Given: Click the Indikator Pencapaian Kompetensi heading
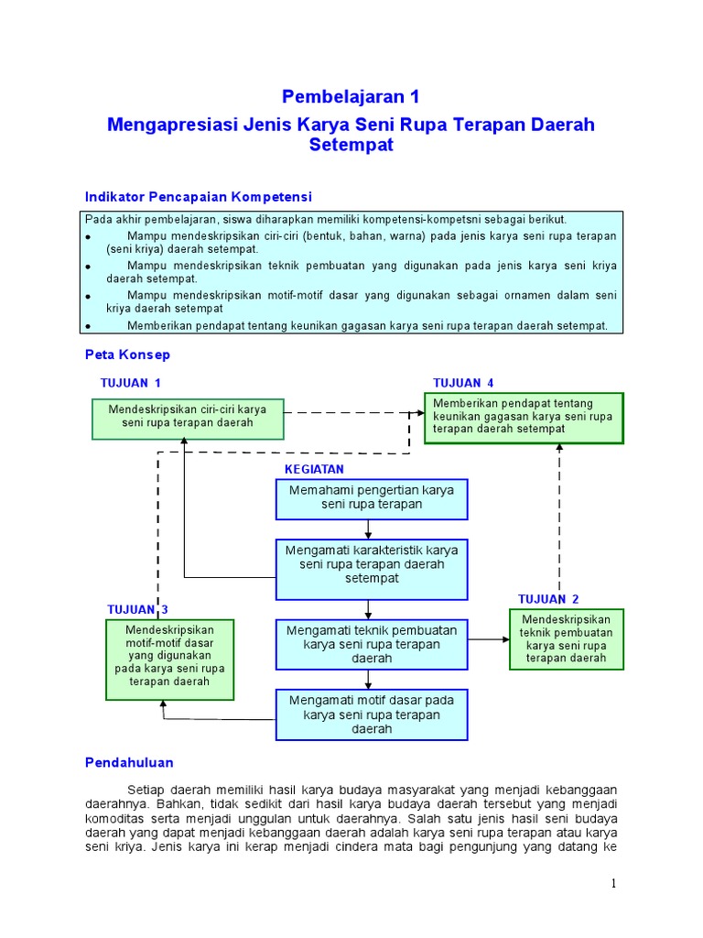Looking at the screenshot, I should [199, 197].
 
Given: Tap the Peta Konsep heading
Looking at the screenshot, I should [127, 354].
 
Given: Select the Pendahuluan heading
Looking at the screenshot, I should [129, 762].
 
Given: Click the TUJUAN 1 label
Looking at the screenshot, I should [130, 383].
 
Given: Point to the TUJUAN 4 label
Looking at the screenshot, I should [463, 383].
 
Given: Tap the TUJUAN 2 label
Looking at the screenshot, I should [548, 599].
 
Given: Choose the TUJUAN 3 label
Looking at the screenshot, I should [137, 609].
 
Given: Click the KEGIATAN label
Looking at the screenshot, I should [314, 469].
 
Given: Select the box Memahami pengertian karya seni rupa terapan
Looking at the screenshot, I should [372, 497].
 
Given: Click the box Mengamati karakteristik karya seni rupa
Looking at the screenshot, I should [372, 564].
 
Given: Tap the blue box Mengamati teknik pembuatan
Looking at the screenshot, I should [372, 644].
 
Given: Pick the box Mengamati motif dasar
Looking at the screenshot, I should [372, 714].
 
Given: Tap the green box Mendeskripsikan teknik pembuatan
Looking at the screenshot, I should [567, 639].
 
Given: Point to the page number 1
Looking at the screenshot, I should [615, 883].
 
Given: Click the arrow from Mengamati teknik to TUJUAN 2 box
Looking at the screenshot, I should [489, 638].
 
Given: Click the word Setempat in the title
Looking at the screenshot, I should [351, 145].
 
